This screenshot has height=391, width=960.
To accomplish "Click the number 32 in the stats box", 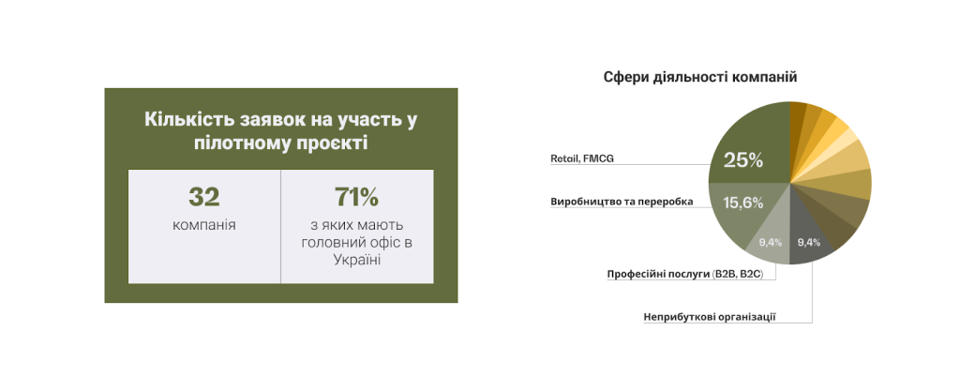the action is [x=203, y=197].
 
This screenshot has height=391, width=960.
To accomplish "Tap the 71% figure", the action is [x=357, y=197].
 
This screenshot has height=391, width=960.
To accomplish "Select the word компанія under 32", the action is [x=203, y=225].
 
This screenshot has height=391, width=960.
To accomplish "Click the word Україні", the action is [x=357, y=260].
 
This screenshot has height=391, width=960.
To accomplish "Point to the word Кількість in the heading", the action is [x=183, y=119].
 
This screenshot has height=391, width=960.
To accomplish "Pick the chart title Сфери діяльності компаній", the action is [x=700, y=78].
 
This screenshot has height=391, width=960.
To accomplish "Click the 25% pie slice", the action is [x=747, y=147].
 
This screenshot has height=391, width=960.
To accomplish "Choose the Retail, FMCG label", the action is [x=581, y=158].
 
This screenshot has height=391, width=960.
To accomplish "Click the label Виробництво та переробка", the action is [x=622, y=202].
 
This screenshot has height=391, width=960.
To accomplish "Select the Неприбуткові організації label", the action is [x=711, y=317].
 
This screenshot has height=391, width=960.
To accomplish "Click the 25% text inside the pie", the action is [x=743, y=160].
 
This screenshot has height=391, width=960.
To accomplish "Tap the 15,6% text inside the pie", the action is [x=743, y=203].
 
